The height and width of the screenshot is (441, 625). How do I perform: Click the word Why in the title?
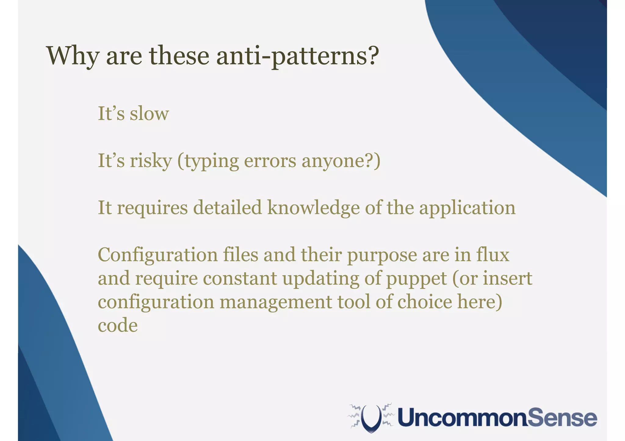tap(73, 56)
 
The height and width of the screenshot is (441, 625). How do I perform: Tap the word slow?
tap(149, 113)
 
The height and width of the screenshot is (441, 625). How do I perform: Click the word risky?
tap(150, 161)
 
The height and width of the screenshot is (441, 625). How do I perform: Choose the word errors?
tap(270, 161)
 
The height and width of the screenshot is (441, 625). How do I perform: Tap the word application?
tap(467, 208)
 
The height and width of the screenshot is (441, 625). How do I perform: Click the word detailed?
tap(227, 208)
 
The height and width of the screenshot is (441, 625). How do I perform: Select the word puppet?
tap(417, 279)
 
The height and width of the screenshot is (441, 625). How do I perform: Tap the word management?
tap(276, 302)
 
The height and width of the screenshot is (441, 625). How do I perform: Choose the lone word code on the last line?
tap(117, 325)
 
